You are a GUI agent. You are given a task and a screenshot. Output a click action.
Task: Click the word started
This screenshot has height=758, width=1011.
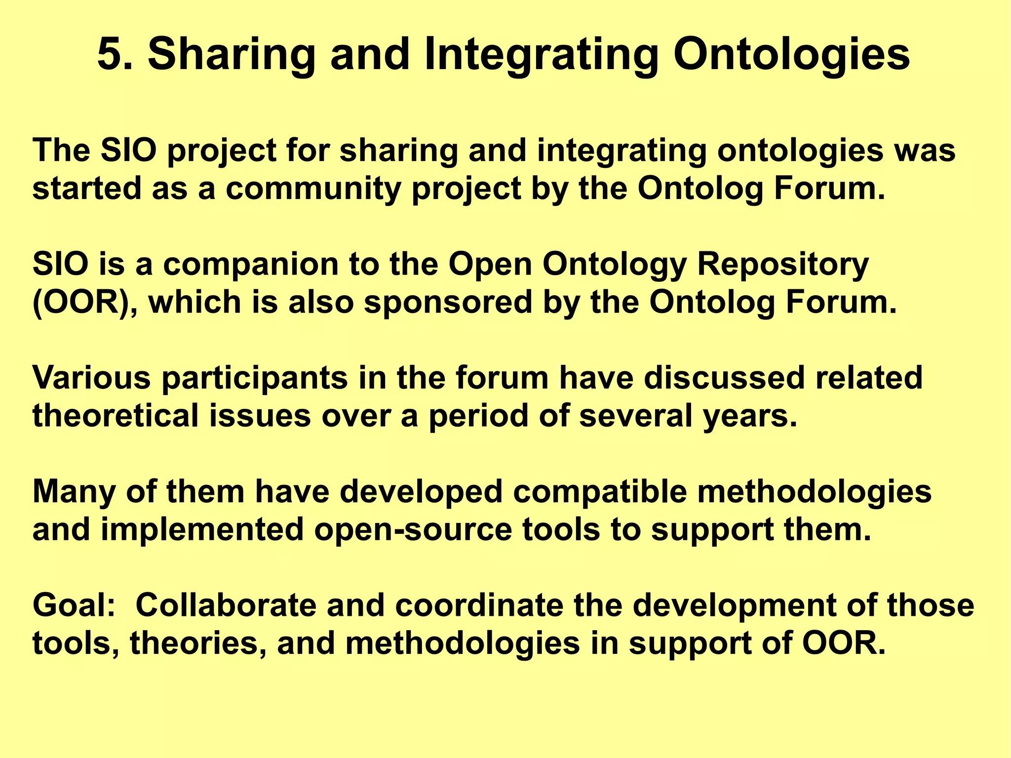(x=87, y=189)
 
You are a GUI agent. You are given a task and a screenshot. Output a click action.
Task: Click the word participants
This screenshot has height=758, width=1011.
(x=255, y=379)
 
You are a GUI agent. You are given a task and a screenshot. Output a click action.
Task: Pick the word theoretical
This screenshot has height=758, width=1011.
(x=115, y=416)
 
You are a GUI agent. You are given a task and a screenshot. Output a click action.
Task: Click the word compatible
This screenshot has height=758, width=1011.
(x=600, y=492)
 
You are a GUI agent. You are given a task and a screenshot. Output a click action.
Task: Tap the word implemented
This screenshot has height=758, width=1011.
(x=202, y=530)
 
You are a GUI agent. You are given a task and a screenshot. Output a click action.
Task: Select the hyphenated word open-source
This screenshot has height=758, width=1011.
(x=413, y=530)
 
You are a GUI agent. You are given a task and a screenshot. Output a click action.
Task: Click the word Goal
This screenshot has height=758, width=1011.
(x=74, y=605)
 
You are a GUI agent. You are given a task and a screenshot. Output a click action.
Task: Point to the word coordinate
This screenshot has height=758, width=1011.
(x=479, y=605)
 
